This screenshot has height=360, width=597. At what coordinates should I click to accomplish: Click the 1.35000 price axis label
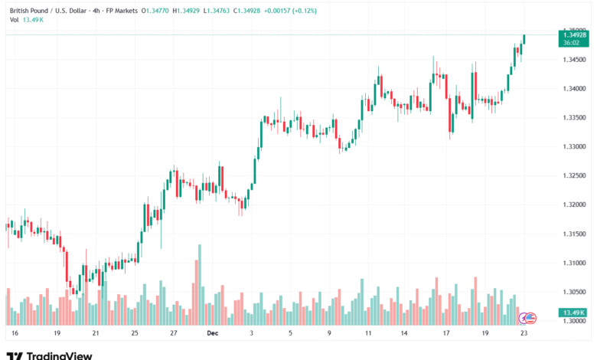(574, 30)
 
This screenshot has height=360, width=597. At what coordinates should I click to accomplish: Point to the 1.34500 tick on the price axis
(574, 59)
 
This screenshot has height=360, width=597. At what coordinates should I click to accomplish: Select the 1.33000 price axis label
(574, 146)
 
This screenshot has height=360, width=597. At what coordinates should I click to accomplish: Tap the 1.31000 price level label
(574, 263)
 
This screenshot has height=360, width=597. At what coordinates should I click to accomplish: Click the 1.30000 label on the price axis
(574, 321)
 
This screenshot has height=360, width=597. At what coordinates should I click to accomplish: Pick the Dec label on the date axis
(212, 334)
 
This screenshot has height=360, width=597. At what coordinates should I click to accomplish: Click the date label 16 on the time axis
(15, 334)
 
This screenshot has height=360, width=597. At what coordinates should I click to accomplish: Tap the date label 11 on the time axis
(368, 334)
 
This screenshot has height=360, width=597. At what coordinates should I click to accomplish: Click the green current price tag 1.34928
(574, 35)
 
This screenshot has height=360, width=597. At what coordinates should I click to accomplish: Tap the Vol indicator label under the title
(14, 21)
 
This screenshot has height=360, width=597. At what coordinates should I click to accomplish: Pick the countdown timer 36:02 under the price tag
(571, 43)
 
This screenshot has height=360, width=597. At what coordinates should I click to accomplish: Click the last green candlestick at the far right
(524, 38)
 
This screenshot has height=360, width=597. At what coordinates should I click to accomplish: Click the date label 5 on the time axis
(291, 334)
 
